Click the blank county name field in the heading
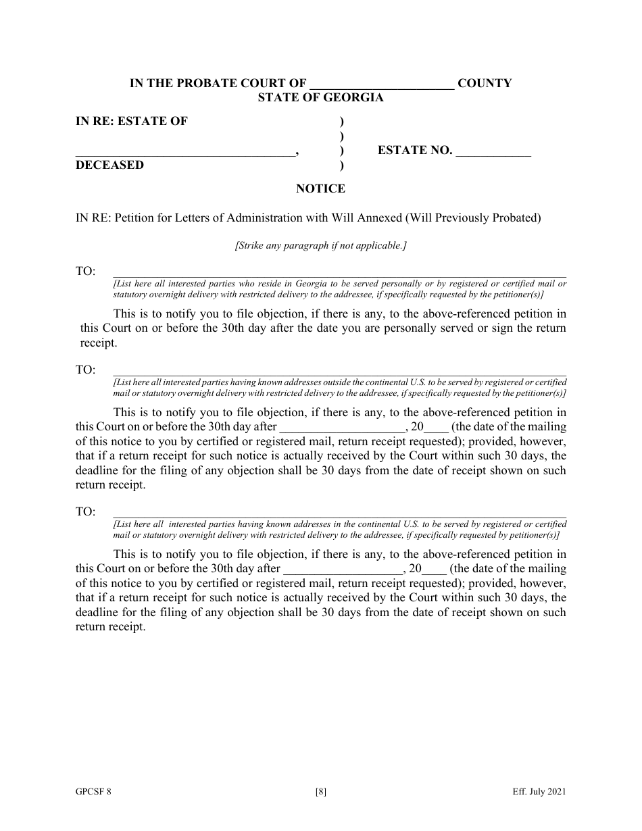382,84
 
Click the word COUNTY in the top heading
485,84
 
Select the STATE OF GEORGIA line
320,97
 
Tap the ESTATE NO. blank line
493,151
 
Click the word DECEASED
109,166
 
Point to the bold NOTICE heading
320,189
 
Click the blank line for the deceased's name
184,151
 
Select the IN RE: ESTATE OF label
132,122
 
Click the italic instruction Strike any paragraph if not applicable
320,246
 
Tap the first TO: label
85,272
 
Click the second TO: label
85,370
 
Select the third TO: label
85,512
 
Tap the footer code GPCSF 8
93,792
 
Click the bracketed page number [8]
320,792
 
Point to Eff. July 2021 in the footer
539,792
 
